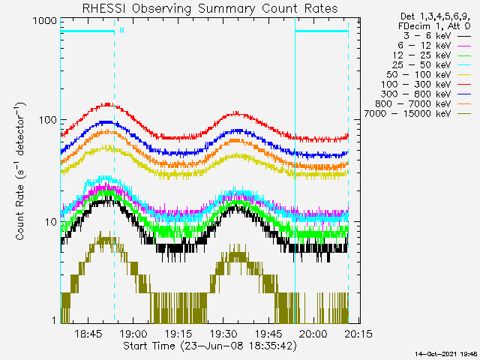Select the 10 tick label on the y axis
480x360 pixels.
[x=49, y=222]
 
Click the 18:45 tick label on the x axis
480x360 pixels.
[x=88, y=334]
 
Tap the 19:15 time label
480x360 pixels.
[x=178, y=334]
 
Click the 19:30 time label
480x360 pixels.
[x=223, y=334]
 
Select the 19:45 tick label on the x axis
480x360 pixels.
[x=268, y=334]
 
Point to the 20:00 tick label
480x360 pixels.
[x=313, y=334]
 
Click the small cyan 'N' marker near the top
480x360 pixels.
[x=121, y=30]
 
